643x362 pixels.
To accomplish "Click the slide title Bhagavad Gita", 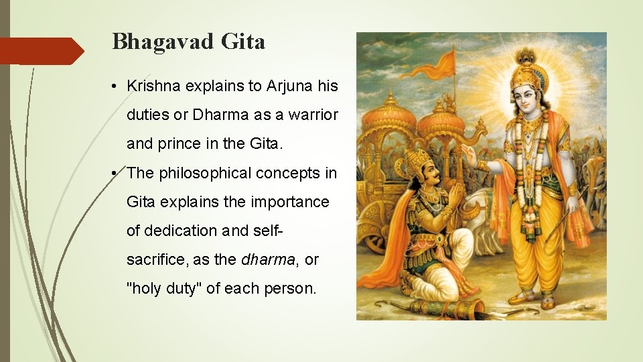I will pyautogui.click(x=189, y=42).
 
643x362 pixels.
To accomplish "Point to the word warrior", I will pyautogui.click(x=314, y=115).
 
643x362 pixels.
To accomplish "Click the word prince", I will pyautogui.click(x=175, y=143).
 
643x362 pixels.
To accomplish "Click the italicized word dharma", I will pyautogui.click(x=267, y=259).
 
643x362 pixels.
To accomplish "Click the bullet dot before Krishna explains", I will pyautogui.click(x=116, y=87).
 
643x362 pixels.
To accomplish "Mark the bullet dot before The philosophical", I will pyautogui.click(x=116, y=174).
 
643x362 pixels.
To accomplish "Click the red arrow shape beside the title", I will pyautogui.click(x=42, y=51).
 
